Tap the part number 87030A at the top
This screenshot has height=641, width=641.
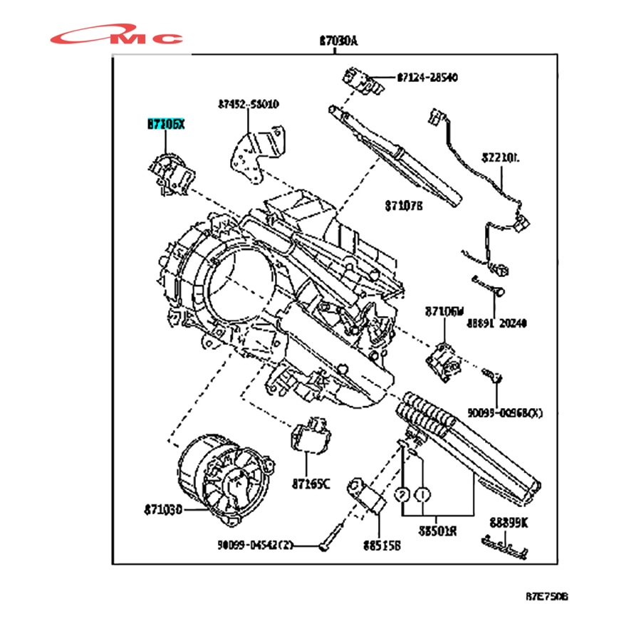coord(338,41)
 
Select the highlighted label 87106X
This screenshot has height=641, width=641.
coord(165,124)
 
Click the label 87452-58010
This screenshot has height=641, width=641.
coord(249,105)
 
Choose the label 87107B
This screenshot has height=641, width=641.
coord(404,205)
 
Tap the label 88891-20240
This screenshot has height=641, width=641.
coord(497,323)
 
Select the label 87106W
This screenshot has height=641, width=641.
coord(444,311)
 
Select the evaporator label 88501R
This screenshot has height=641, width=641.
coord(438,531)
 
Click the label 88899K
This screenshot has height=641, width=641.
coord(508,521)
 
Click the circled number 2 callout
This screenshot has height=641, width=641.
coord(402,494)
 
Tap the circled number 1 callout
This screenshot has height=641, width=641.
coord(423,494)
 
